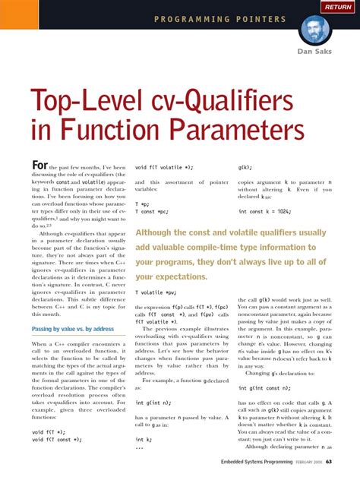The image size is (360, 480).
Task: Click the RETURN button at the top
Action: click(x=338, y=7)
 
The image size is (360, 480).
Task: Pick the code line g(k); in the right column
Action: click(x=245, y=166)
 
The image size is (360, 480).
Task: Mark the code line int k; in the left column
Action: click(x=144, y=439)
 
